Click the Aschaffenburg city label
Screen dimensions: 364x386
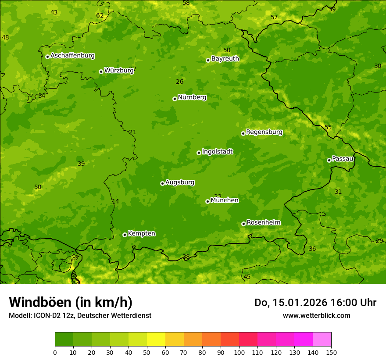tap(72, 56)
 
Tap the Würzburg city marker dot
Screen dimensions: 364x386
tap(101, 71)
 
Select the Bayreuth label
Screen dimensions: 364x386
tap(225, 59)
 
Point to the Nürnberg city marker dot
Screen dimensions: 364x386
tap(175, 99)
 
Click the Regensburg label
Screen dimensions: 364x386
tap(264, 132)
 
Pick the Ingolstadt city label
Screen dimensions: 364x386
tap(217, 152)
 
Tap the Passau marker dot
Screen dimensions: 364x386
tap(329, 160)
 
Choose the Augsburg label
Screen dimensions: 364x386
tap(180, 182)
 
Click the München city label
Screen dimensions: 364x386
tap(225, 200)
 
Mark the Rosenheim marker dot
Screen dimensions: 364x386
tap(243, 224)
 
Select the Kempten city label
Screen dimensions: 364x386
tap(141, 234)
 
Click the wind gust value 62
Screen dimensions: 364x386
tap(100, 16)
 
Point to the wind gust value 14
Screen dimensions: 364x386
tap(115, 202)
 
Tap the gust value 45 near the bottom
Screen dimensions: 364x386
tap(247, 277)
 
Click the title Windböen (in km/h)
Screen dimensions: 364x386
tap(71, 302)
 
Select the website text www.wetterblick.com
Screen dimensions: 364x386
tap(316, 315)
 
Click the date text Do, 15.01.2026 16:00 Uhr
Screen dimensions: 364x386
tap(315, 303)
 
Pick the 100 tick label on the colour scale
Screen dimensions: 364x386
tap(239, 352)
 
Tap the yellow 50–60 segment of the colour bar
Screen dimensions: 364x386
tap(156, 339)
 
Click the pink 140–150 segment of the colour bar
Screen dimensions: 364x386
tap(322, 339)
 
